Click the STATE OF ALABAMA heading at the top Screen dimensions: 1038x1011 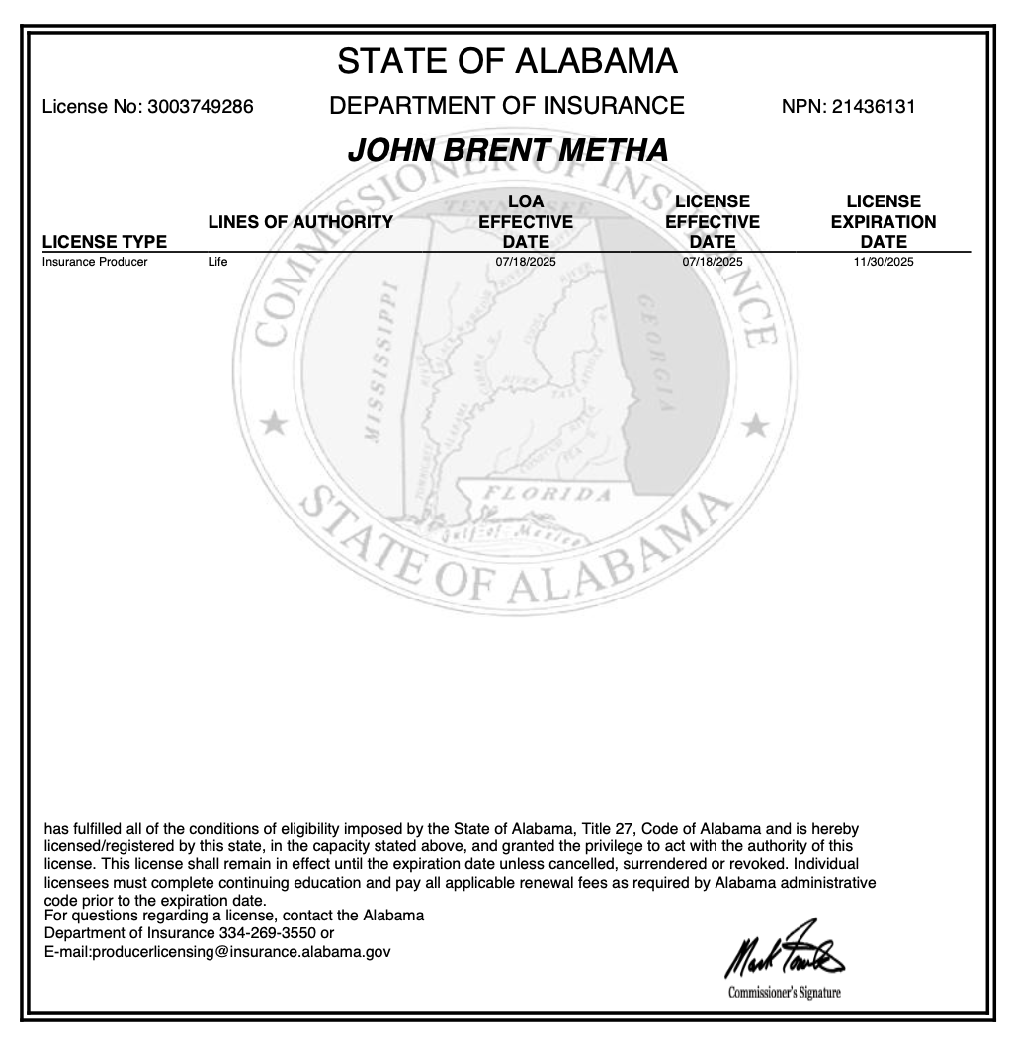tap(507, 61)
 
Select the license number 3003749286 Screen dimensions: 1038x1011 tap(200, 107)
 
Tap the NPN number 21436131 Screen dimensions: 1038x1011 tap(873, 107)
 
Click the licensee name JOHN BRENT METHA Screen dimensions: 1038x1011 tap(508, 150)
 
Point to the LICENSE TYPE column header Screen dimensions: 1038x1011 tap(105, 242)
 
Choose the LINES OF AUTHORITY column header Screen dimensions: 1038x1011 tap(300, 222)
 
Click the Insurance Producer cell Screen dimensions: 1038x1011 tap(95, 263)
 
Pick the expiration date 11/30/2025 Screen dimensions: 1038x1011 tap(884, 263)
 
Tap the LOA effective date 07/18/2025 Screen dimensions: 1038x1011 tap(526, 263)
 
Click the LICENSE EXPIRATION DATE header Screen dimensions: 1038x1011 tap(883, 221)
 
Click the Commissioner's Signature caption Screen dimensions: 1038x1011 tap(785, 993)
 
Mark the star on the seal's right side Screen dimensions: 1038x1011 tap(756, 425)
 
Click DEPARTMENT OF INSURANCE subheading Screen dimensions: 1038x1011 tap(507, 106)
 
